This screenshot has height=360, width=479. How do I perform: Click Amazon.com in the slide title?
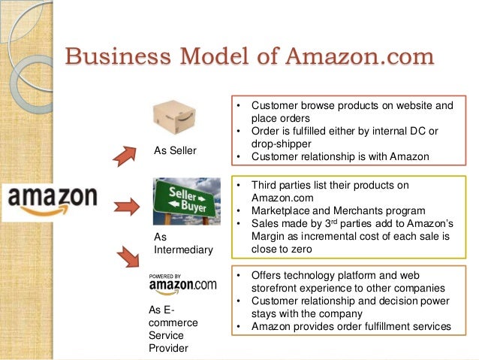click(x=358, y=56)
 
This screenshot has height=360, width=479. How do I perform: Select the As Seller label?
click(x=175, y=150)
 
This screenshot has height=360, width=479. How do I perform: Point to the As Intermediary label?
click(x=182, y=243)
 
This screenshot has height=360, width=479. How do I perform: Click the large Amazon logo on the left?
click(x=53, y=199)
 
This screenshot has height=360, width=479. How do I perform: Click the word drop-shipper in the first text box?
click(x=282, y=145)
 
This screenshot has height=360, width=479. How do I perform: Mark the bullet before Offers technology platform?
click(x=238, y=275)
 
